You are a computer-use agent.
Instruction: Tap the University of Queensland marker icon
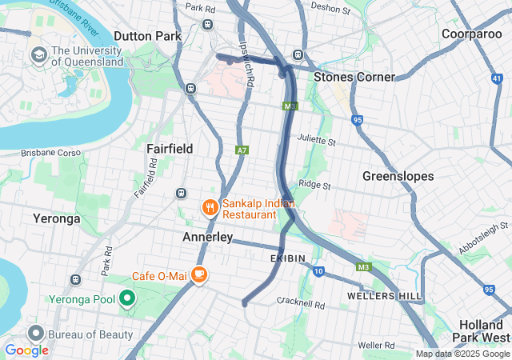tap(38, 55)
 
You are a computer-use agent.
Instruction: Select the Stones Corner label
tap(354, 77)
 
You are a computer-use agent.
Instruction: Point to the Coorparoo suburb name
tap(471, 34)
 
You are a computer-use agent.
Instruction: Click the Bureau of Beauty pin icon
tap(35, 333)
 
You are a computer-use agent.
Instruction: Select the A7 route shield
tap(242, 150)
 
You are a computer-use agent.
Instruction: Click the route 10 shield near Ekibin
tap(318, 272)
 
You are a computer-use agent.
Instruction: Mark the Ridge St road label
tap(314, 186)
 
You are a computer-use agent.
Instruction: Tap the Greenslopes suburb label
tap(398, 175)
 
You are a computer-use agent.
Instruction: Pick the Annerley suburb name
tap(207, 238)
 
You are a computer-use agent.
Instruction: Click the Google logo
tap(26, 350)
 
